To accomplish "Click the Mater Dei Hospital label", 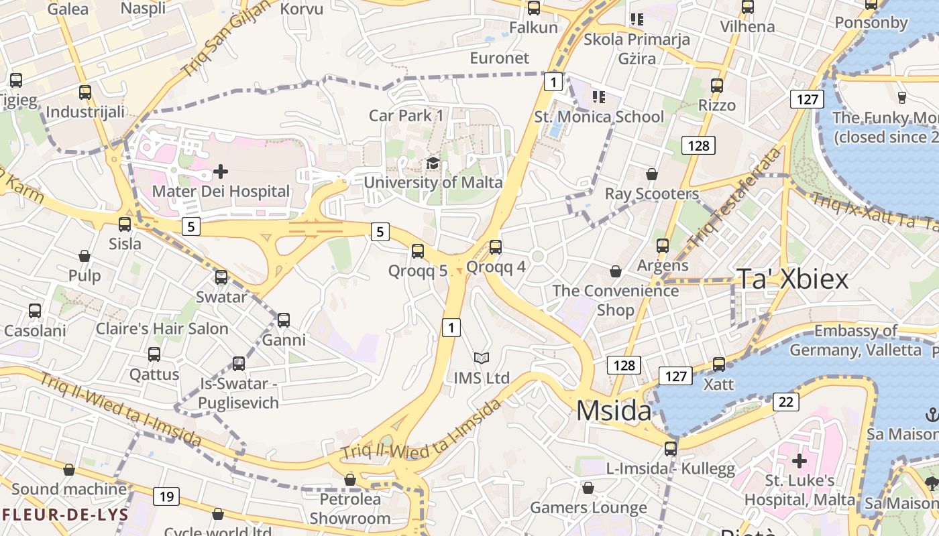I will tap(221, 192).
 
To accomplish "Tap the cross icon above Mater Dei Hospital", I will tap(220, 172).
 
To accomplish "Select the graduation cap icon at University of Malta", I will tap(433, 163).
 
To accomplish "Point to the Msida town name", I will tap(614, 411).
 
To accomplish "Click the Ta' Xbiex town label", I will tap(793, 279).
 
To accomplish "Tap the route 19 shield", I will tap(166, 496).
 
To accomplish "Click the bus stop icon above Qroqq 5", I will tap(418, 251).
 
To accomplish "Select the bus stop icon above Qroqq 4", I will tap(496, 247).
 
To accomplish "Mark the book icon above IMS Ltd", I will tap(482, 358).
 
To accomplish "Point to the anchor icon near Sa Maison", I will tap(932, 415).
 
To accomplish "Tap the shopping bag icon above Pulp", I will tap(85, 256).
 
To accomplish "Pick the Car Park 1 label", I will tap(406, 115).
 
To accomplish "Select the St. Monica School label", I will tap(599, 117).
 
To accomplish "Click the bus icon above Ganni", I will tap(284, 320).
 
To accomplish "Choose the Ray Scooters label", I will tap(651, 194).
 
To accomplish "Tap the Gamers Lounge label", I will tap(588, 508).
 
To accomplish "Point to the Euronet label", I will tap(499, 58).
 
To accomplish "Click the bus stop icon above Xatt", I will tap(719, 364).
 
